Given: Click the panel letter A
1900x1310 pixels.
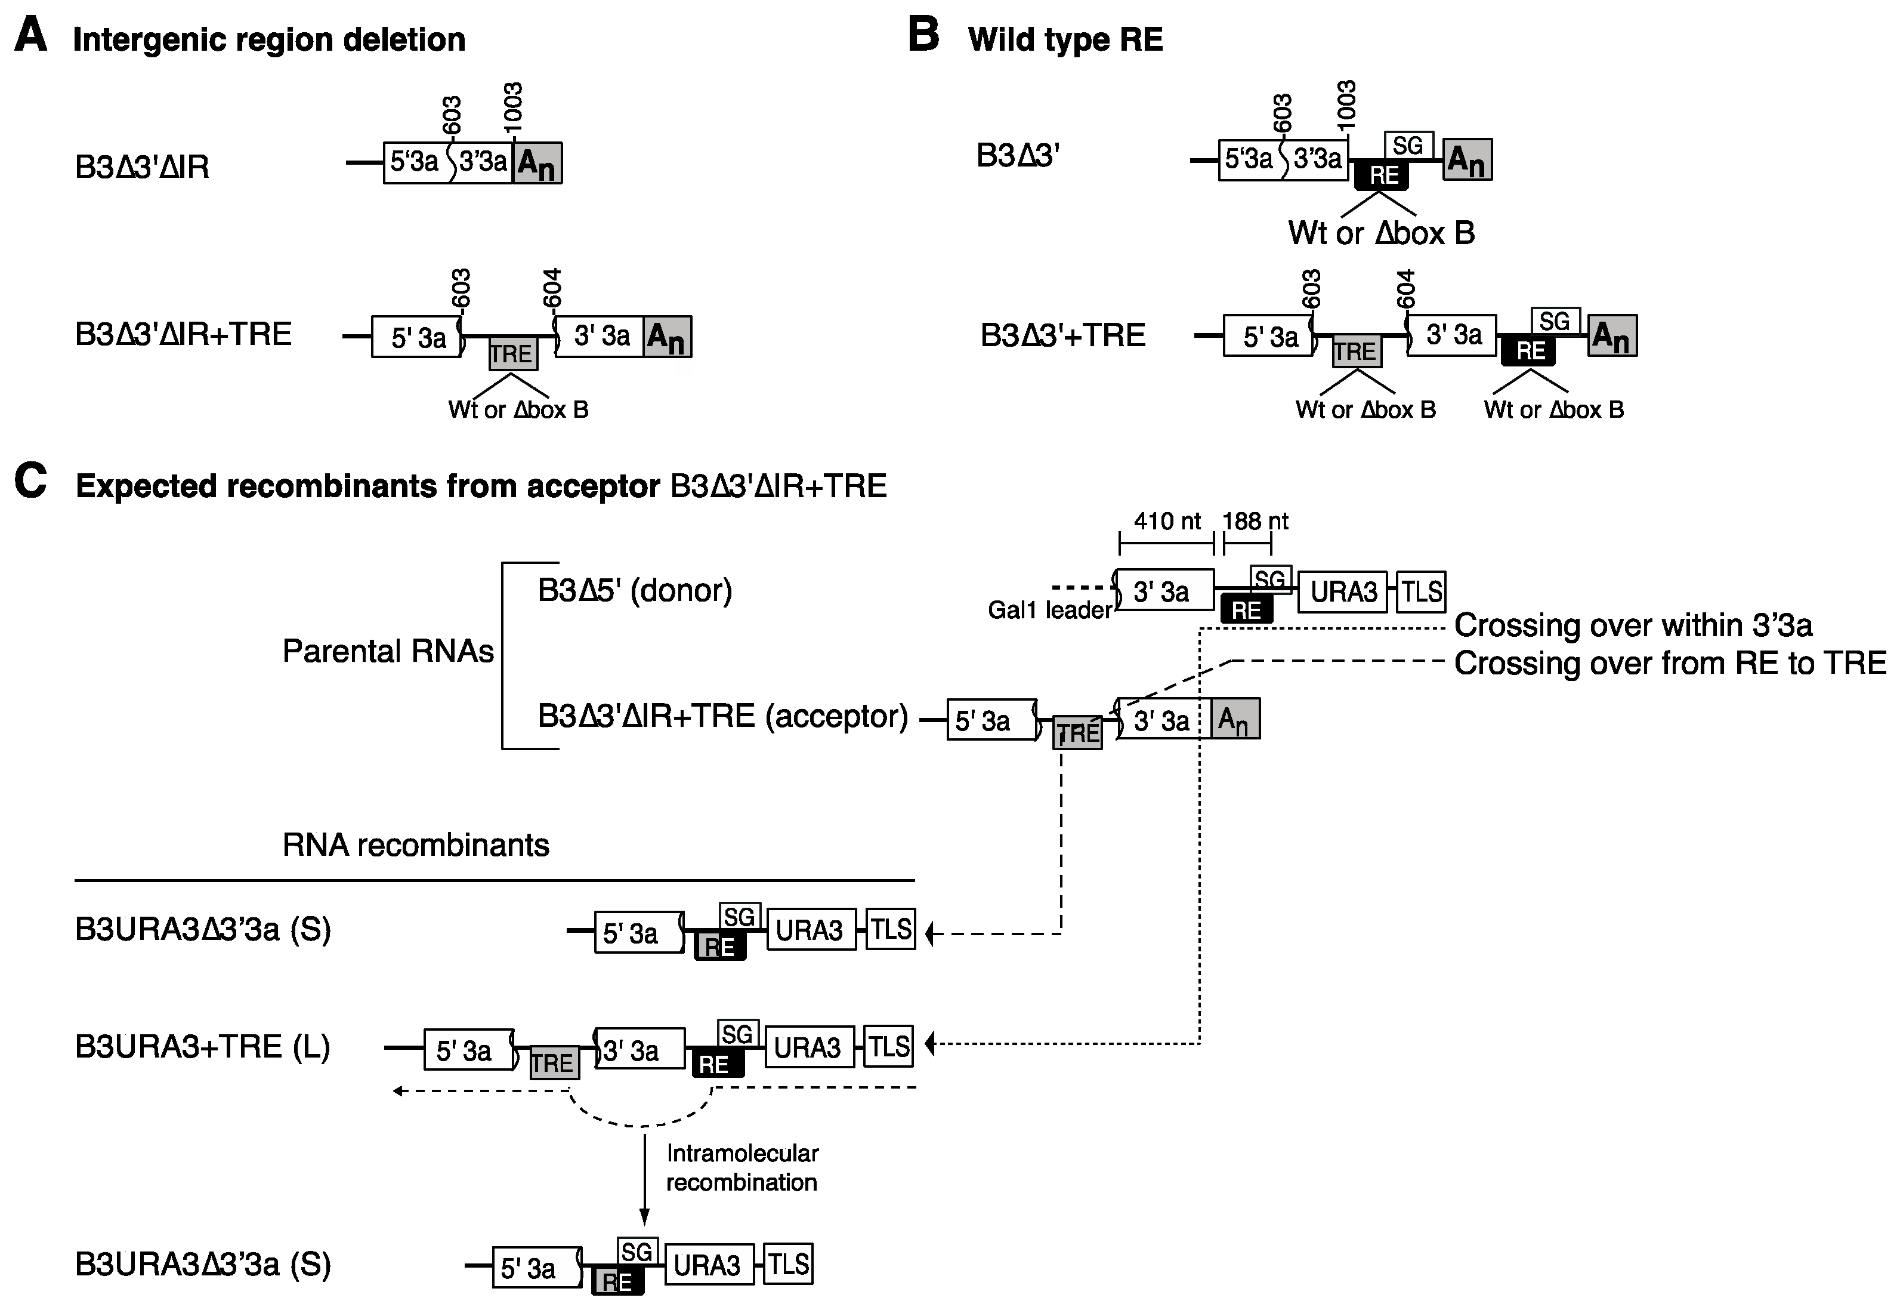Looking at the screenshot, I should point(30,36).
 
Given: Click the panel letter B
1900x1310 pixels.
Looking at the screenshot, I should point(923,36).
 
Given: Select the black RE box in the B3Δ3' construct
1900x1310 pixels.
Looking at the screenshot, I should point(1382,175).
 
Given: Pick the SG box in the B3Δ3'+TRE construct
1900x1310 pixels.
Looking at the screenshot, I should point(1555,321).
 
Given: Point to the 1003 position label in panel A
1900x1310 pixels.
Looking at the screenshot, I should point(513,107).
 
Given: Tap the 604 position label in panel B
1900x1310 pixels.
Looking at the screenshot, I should point(1406,289).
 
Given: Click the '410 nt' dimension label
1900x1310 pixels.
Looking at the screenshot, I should point(1167,521).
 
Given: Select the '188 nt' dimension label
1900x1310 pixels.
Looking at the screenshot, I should point(1255,521).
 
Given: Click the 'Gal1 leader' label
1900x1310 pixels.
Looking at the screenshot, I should point(1049,610).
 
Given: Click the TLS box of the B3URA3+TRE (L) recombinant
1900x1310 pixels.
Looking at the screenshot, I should point(888,1047).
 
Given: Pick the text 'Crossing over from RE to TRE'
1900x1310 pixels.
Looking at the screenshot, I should point(1670,663).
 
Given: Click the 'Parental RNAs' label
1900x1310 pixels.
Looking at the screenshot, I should point(387,652).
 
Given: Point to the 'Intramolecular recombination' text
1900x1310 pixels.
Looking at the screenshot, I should point(742,1167).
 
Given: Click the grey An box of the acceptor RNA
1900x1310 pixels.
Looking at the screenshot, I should point(1235,720).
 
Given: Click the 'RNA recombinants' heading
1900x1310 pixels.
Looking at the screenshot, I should point(415,844).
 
